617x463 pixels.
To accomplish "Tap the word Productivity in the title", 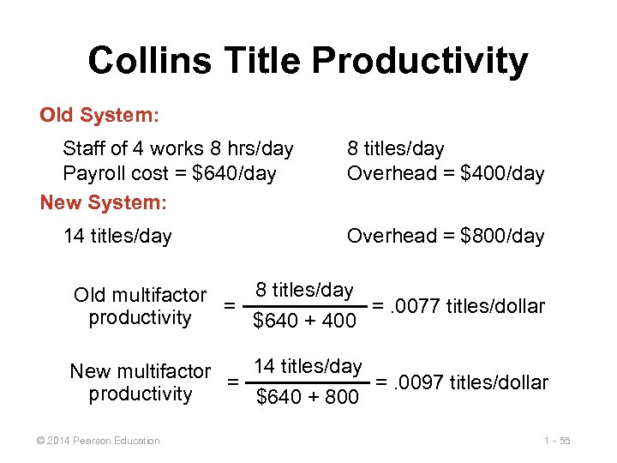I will click(420, 61).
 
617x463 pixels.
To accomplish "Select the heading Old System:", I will click(99, 114).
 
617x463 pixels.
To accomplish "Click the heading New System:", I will click(104, 202).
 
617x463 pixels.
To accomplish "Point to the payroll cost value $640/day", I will click(234, 174).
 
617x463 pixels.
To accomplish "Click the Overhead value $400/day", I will click(502, 174).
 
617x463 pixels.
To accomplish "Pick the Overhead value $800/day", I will click(502, 236).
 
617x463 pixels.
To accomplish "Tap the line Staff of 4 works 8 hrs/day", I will click(178, 149).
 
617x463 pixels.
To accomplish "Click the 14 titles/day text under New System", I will click(117, 236).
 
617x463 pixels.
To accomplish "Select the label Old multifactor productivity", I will click(140, 307).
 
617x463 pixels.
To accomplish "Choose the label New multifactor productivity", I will click(140, 382).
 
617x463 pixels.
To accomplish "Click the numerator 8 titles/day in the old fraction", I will click(304, 290).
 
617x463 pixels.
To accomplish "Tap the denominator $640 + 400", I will click(304, 322).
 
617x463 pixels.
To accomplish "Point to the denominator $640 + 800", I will click(308, 397).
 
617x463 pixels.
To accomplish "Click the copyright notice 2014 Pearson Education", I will click(95, 441).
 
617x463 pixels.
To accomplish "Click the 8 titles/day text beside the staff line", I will click(395, 149).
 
